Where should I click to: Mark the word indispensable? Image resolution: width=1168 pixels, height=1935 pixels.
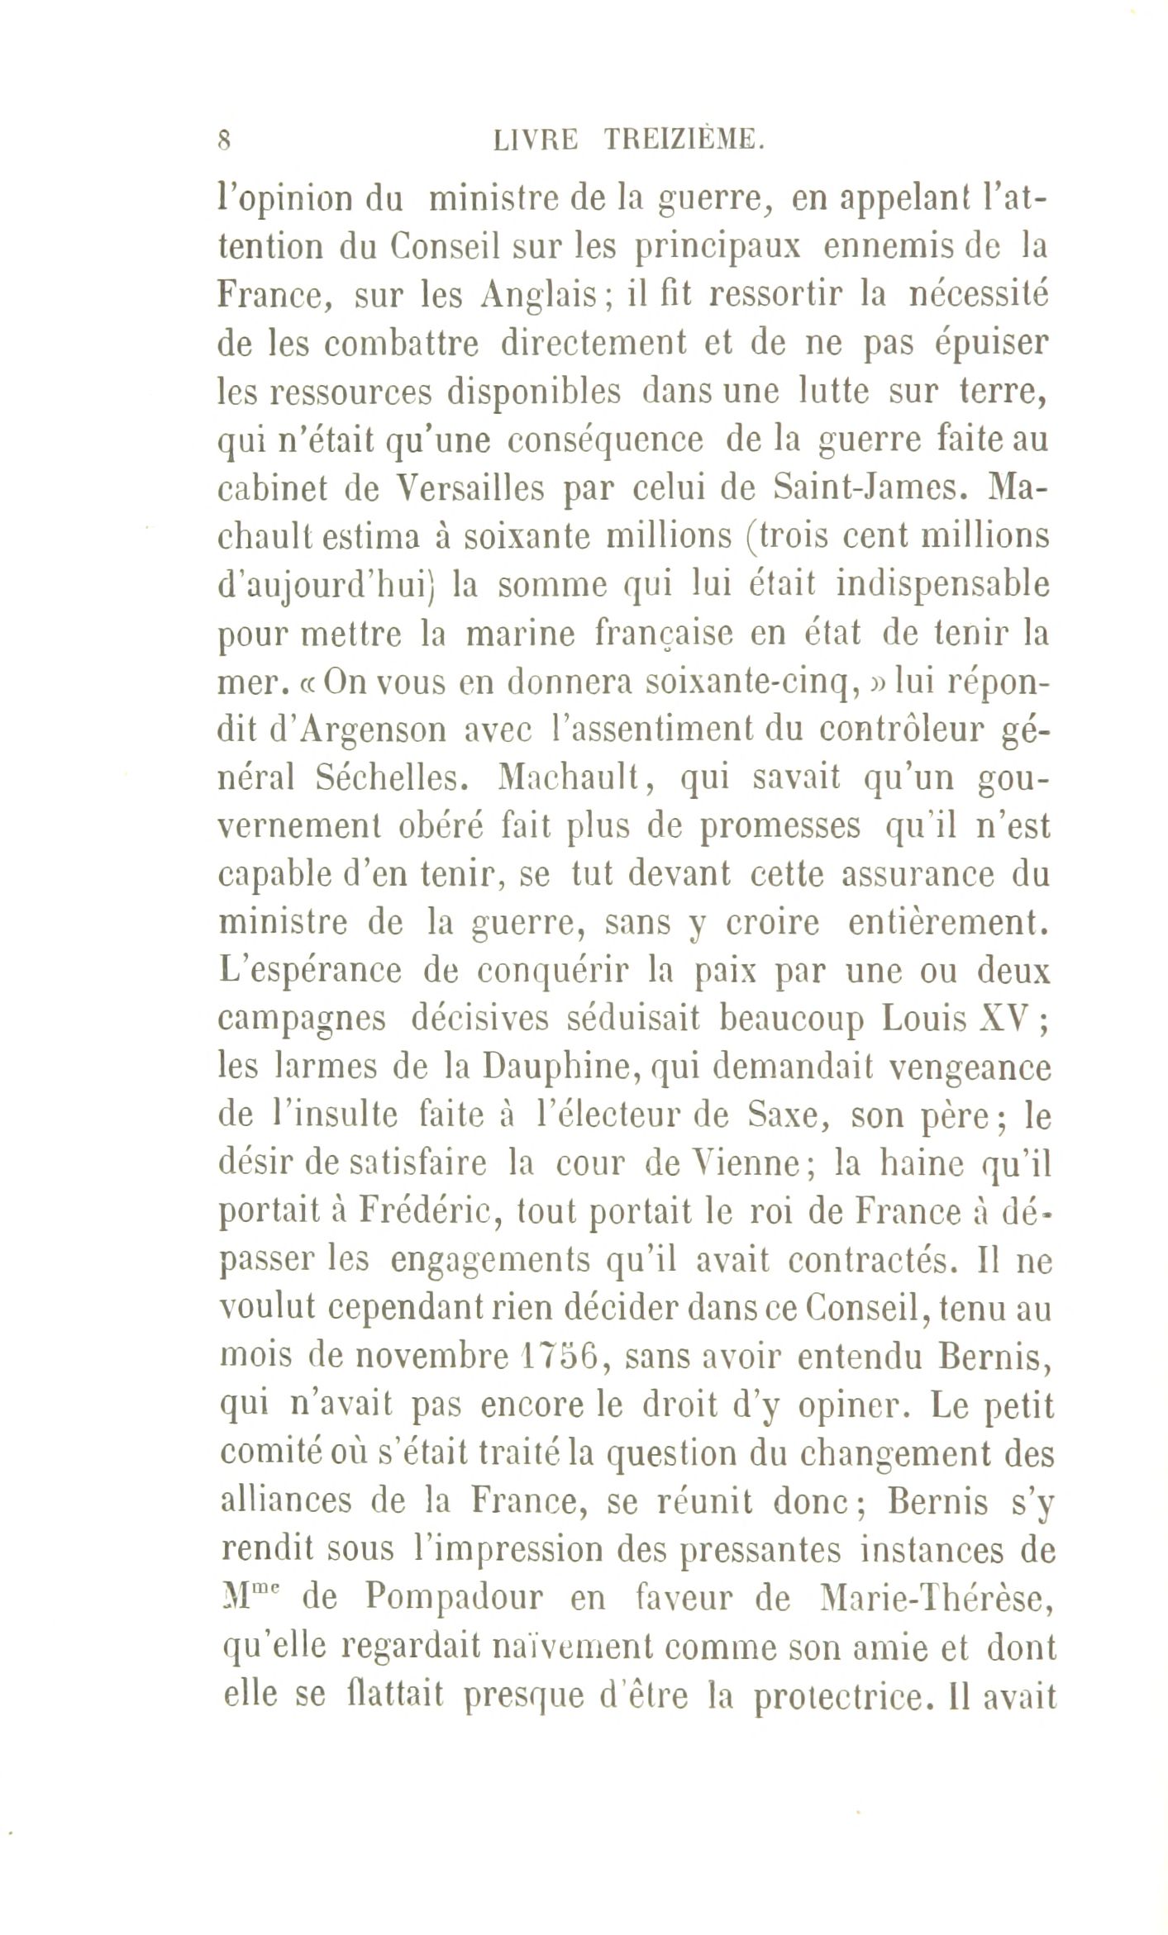pyautogui.click(x=942, y=586)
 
